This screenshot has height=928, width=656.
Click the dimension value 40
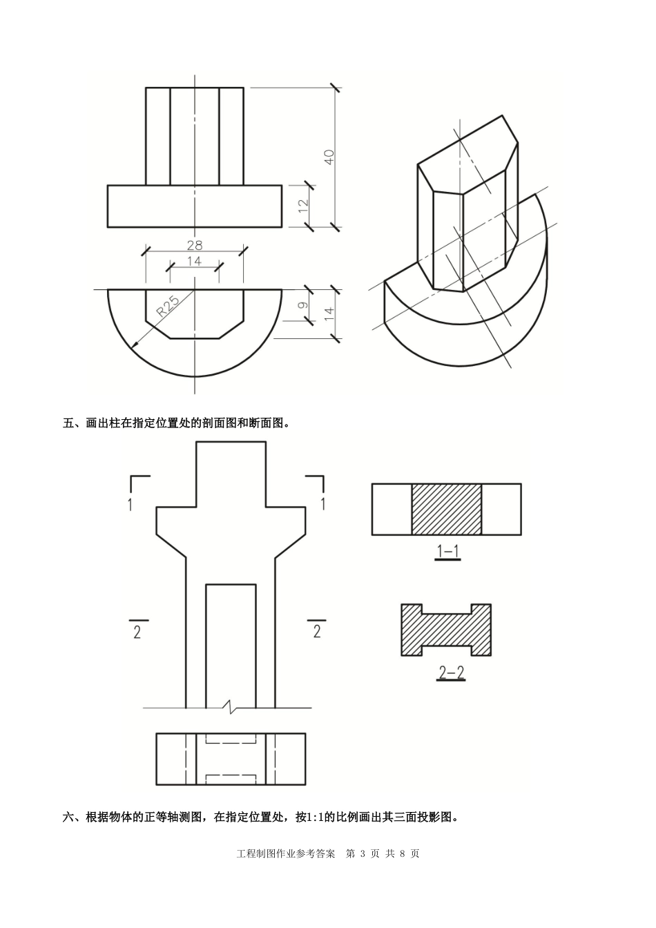tap(329, 157)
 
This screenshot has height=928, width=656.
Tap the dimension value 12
tap(302, 206)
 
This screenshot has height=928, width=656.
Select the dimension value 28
tap(195, 244)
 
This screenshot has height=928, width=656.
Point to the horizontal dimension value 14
tap(194, 261)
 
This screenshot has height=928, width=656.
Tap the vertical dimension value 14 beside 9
tap(329, 313)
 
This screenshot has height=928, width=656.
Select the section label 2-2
tap(451, 672)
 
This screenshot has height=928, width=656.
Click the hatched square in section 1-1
tap(447, 509)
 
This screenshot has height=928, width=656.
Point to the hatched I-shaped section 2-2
tap(447, 630)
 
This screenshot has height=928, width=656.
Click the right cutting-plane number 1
tap(322, 503)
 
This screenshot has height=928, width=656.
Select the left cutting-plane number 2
tap(137, 632)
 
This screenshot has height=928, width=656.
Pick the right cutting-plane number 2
tap(317, 631)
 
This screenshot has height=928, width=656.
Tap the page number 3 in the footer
tap(362, 853)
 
